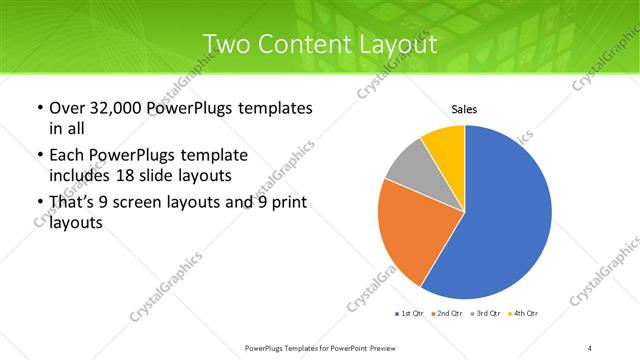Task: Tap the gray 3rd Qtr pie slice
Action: pyautogui.click(x=409, y=167)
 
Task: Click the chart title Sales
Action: pyautogui.click(x=464, y=109)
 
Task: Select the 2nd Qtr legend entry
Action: pyautogui.click(x=448, y=315)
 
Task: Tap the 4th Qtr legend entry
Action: pyautogui.click(x=524, y=315)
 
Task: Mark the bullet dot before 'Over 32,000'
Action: pyautogui.click(x=39, y=108)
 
